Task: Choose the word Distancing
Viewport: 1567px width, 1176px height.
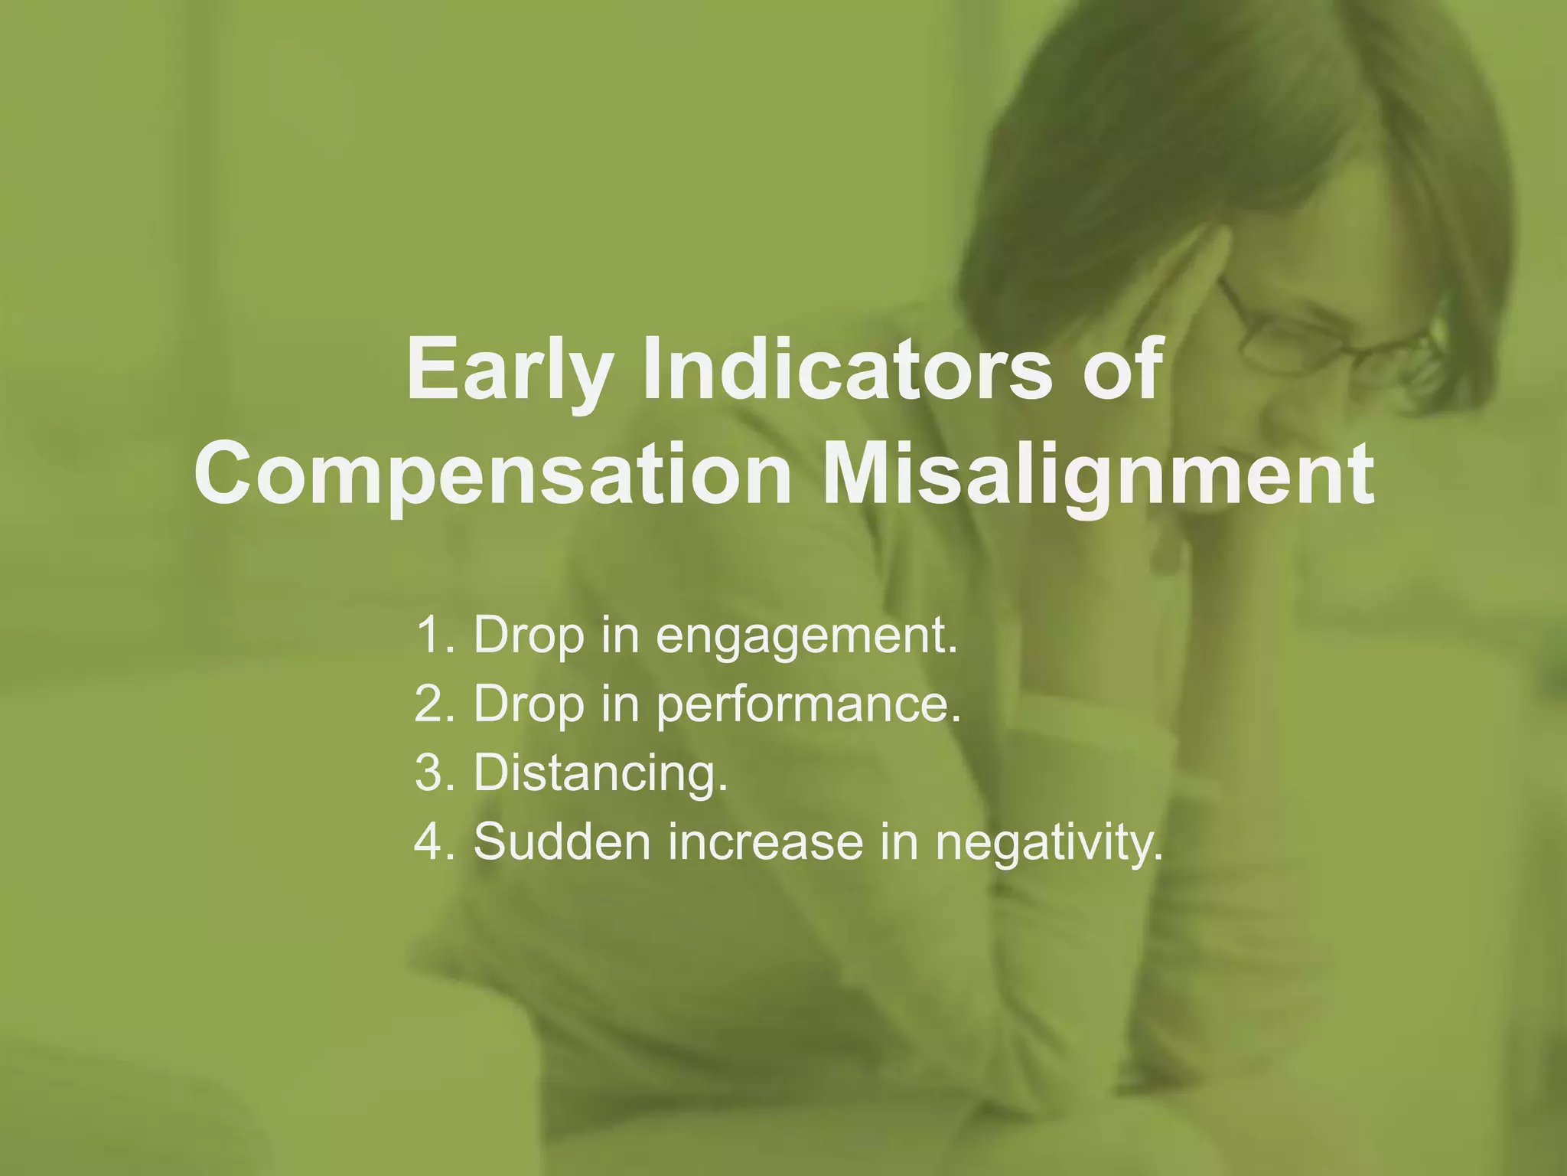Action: [x=600, y=773]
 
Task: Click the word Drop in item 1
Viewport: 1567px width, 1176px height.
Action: [x=529, y=636]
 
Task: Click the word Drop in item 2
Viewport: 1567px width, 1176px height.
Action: [x=529, y=704]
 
